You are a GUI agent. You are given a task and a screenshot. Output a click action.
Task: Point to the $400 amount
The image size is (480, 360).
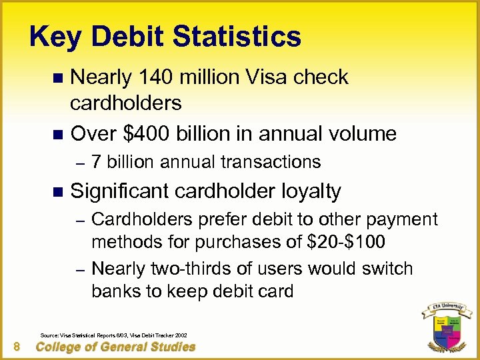point(147,133)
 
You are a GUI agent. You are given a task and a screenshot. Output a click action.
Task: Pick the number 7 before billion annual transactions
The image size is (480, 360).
point(96,162)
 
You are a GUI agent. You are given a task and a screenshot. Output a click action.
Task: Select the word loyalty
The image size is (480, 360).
point(309,192)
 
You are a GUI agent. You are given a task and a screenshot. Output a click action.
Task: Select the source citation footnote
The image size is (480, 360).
point(113,334)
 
